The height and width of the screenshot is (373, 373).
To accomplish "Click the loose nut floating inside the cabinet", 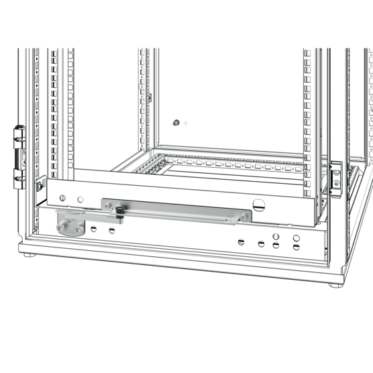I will tap(175, 123).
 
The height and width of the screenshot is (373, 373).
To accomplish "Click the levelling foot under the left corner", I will tap(26, 254).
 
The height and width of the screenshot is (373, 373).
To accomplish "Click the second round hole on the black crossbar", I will tap(80, 199).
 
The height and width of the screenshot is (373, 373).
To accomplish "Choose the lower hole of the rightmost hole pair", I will tap(295, 246).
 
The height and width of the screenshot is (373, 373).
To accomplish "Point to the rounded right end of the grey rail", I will tap(246, 216).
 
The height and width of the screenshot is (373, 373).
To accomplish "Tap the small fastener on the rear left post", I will tap(150, 97).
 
